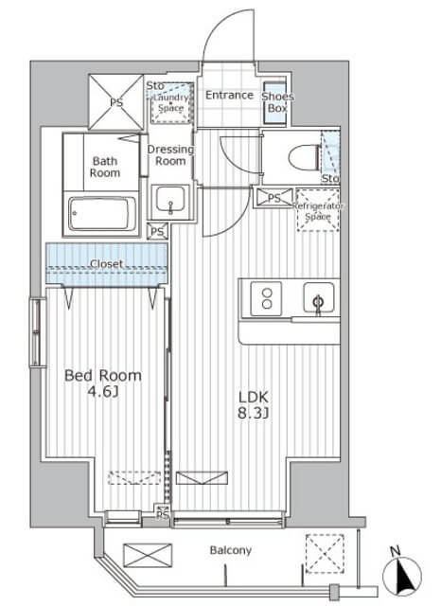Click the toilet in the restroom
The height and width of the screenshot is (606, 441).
click(x=305, y=157)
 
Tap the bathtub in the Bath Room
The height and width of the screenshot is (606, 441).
click(x=102, y=214)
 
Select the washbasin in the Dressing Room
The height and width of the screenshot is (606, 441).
click(x=170, y=200)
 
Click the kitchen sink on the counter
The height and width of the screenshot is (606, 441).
click(x=319, y=297)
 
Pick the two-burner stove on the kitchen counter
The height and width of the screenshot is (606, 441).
click(x=267, y=298)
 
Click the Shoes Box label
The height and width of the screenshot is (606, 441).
click(x=277, y=102)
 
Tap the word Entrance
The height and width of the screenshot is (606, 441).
click(x=229, y=95)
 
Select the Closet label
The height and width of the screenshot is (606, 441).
click(x=106, y=264)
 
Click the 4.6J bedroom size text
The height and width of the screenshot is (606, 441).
click(x=103, y=392)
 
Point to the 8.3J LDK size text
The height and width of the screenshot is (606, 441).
click(x=253, y=414)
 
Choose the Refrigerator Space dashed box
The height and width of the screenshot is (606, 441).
click(x=318, y=210)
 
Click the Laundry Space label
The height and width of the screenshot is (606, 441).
click(x=170, y=103)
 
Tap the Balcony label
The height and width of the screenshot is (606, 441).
click(x=231, y=550)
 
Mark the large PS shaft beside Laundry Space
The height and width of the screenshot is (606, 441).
click(x=116, y=102)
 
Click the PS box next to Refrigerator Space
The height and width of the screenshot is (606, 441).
click(x=274, y=198)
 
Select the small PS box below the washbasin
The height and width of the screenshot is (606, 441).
click(x=157, y=231)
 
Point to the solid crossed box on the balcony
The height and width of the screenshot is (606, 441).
click(x=148, y=556)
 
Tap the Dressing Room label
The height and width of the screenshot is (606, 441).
click(x=170, y=155)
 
